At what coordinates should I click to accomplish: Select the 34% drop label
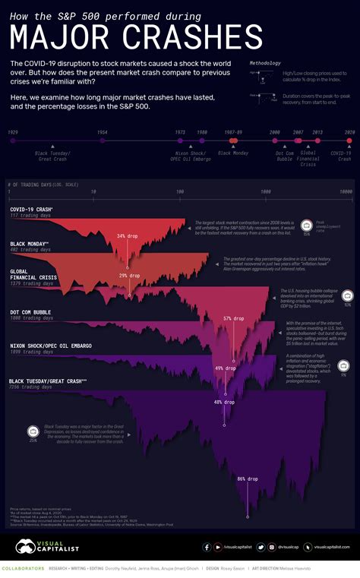click(x=126, y=236)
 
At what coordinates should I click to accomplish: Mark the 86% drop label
click(x=248, y=479)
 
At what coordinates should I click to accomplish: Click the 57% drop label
click(x=233, y=318)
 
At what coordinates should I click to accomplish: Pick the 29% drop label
click(x=129, y=276)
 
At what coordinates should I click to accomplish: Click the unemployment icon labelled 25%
click(x=33, y=434)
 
